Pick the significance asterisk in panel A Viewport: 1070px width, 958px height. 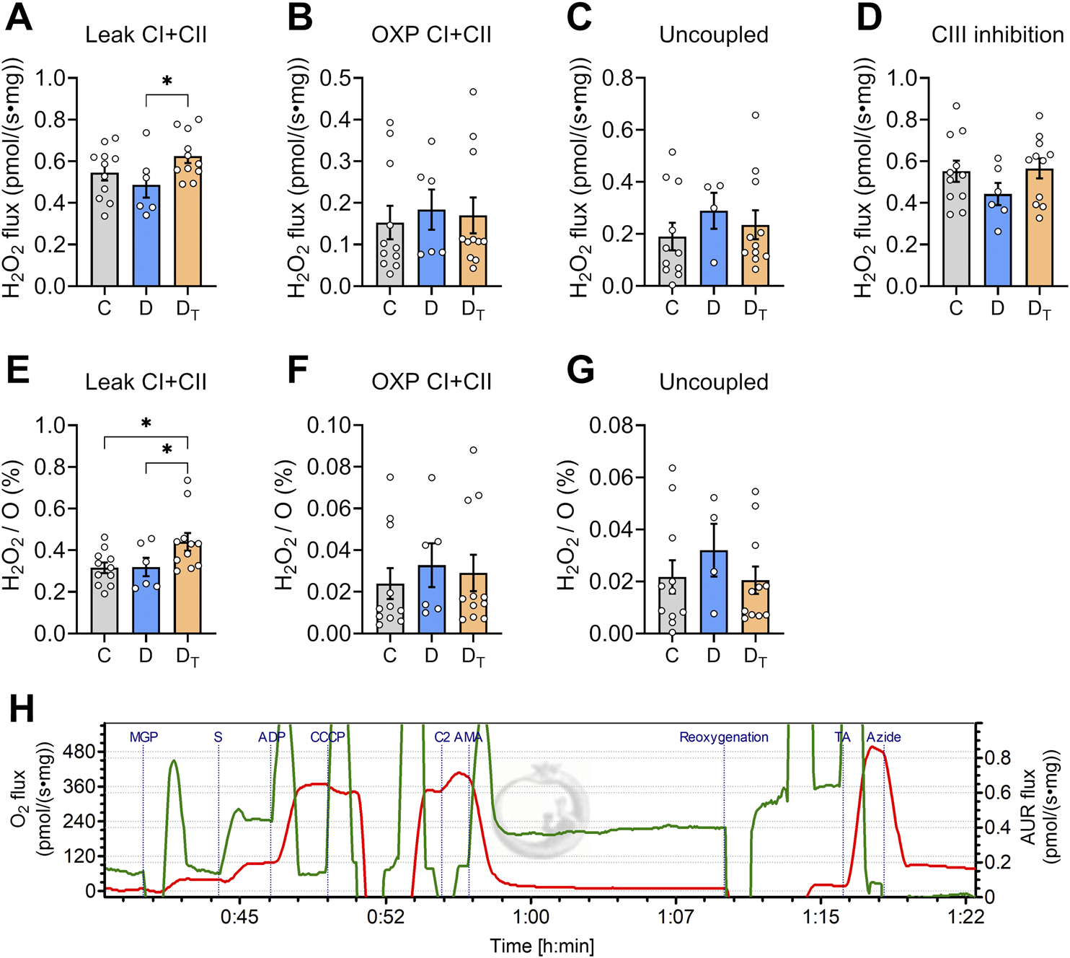tap(167, 82)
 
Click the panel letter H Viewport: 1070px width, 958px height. tap(22, 710)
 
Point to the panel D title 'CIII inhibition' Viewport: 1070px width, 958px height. tap(997, 35)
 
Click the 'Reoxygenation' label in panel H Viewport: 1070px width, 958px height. tap(723, 737)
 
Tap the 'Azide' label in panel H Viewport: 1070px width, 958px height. tap(883, 737)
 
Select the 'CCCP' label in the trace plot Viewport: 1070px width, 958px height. tap(327, 737)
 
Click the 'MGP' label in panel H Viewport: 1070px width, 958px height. tap(143, 737)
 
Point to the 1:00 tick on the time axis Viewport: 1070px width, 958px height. tap(531, 917)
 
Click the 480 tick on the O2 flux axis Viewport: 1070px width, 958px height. tap(79, 752)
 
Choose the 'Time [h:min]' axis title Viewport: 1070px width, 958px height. tap(541, 946)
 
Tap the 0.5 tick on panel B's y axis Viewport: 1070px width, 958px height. tap(335, 78)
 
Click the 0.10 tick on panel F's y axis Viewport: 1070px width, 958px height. tap(329, 426)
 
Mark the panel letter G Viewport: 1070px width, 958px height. tap(580, 371)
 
